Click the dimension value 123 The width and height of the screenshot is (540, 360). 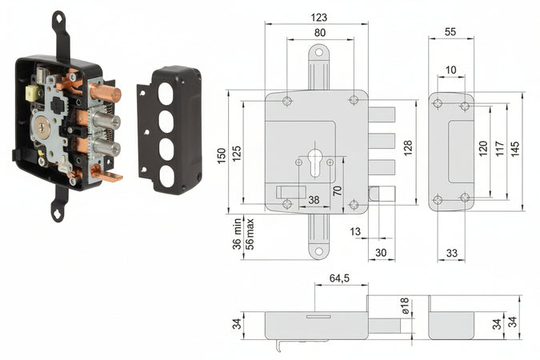point(319,18)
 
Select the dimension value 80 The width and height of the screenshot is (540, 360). point(319,33)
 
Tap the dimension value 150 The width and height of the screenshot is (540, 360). point(222,156)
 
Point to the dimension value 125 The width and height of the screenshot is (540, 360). point(236,152)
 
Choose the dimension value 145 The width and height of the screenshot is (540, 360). point(514,149)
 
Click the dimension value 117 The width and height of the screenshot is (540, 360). point(498,149)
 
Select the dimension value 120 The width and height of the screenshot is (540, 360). point(483,149)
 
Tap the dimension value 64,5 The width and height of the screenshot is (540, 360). point(338,278)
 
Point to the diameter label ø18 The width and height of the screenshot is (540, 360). point(405,305)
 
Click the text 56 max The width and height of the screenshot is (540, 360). point(250,233)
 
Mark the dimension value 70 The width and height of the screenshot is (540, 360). point(338,191)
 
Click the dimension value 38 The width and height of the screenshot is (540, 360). point(313,200)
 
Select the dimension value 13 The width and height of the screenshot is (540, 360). point(355,231)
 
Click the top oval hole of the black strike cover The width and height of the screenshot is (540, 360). point(166,94)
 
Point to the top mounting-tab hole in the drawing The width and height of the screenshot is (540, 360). point(318,53)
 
